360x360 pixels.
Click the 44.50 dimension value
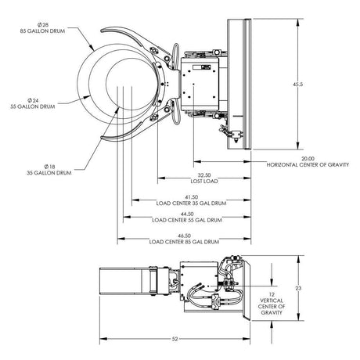[x=185, y=214]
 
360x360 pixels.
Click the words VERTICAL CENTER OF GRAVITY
[x=271, y=307]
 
